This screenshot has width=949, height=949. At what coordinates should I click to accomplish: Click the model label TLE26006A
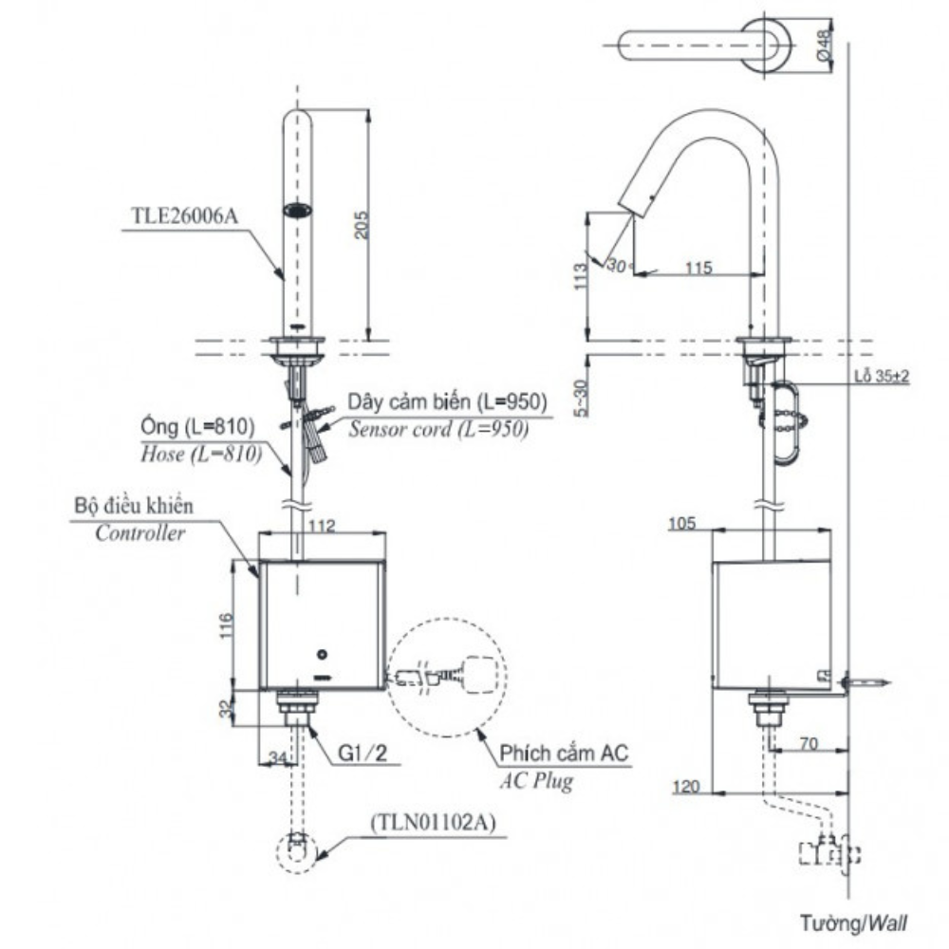(185, 216)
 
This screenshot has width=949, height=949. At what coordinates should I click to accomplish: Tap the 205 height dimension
(361, 225)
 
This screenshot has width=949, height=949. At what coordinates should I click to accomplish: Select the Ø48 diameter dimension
(824, 46)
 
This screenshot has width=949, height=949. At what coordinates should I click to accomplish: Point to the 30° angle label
(618, 266)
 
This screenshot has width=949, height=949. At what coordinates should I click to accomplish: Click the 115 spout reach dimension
(698, 268)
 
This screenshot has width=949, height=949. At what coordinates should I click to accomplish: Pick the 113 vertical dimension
(581, 276)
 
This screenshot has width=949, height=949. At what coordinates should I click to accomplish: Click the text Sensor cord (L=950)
(438, 429)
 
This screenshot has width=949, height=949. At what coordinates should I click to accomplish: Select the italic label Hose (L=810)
(201, 454)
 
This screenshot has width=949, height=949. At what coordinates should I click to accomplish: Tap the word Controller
(140, 533)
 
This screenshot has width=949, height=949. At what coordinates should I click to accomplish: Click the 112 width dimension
(322, 526)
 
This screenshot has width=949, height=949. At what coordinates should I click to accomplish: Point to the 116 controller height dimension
(226, 625)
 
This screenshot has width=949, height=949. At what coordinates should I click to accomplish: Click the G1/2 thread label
(363, 753)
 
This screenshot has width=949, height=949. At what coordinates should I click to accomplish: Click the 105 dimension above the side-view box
(682, 524)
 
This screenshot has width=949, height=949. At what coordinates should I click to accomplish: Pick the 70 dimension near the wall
(809, 743)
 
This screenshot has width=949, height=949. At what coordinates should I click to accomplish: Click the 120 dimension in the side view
(686, 786)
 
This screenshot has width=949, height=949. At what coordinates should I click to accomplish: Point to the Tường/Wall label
(854, 923)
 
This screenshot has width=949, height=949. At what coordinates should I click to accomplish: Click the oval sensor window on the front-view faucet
(298, 210)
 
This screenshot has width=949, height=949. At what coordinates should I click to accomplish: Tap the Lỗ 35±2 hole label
(882, 376)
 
